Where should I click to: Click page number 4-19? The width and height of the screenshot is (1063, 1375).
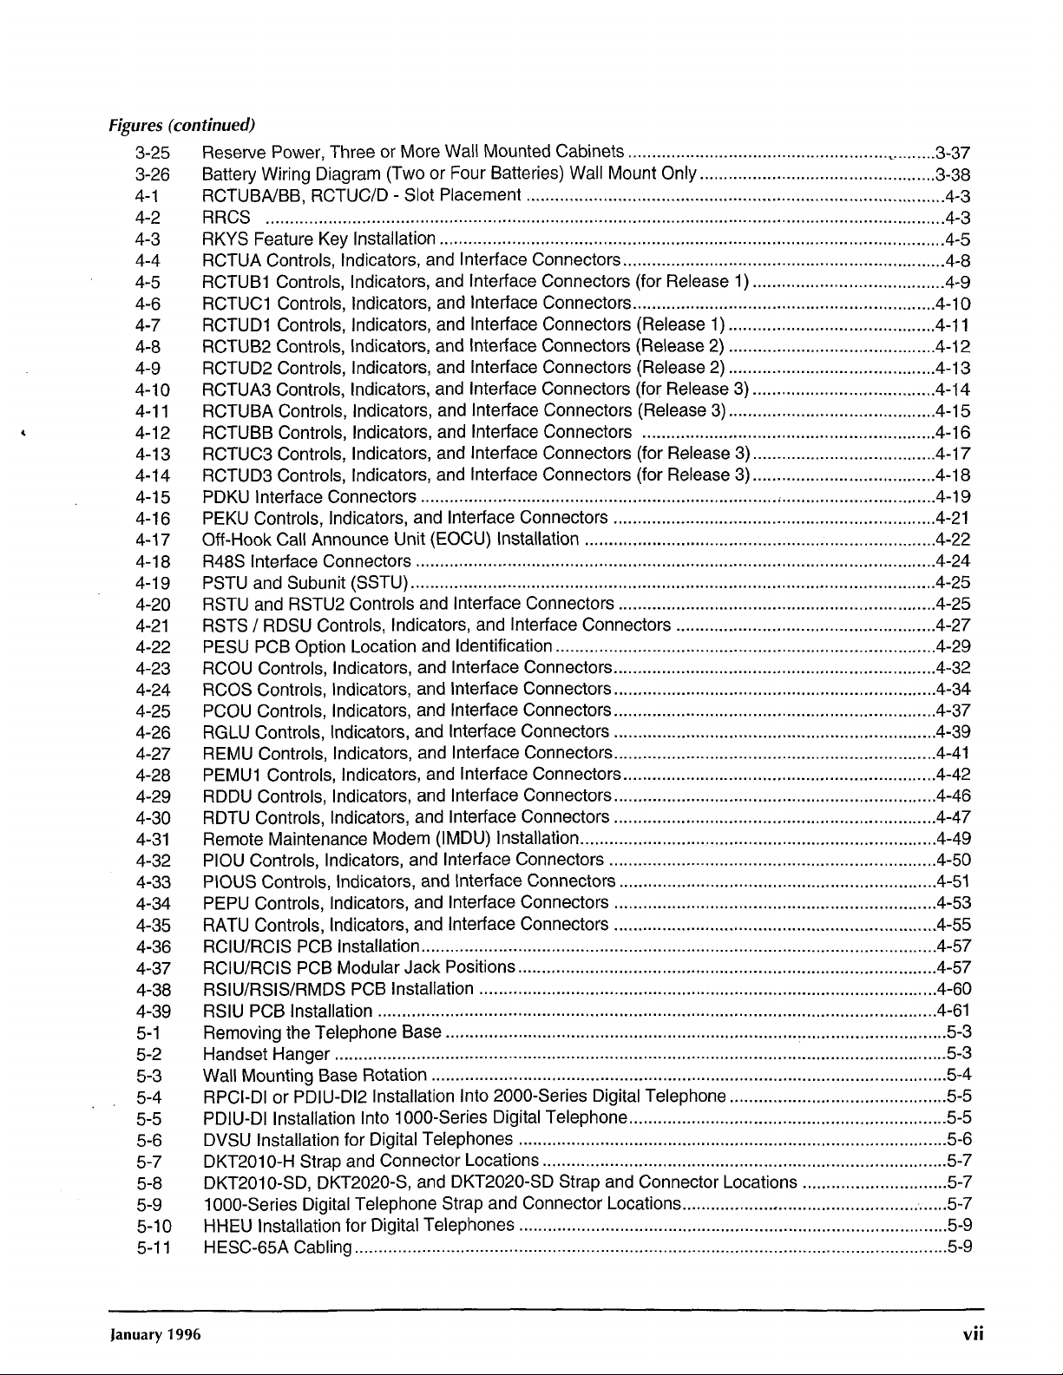click(953, 498)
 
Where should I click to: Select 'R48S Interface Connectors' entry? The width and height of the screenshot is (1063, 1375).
click(306, 561)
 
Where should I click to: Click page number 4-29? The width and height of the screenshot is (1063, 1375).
click(953, 647)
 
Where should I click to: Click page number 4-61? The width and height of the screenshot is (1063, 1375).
click(953, 1011)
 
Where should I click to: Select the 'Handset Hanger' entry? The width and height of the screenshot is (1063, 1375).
click(266, 1055)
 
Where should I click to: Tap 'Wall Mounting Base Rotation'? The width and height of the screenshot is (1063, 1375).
click(313, 1077)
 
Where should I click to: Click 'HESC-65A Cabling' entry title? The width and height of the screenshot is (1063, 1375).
click(276, 1248)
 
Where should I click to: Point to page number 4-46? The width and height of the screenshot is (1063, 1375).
click(953, 796)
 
